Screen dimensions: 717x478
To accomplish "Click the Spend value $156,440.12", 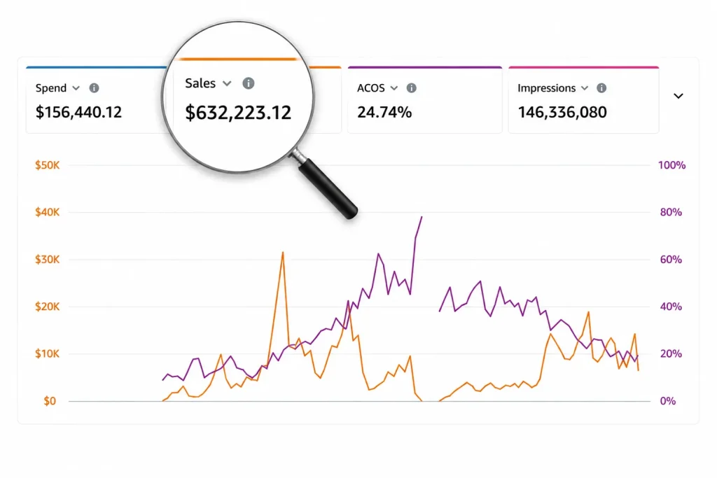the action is point(78,112).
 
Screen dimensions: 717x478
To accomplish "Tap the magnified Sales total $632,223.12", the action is point(238,113).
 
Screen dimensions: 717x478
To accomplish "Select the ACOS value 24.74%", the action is point(384,112).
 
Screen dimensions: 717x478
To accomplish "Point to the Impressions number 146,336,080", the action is point(562,112).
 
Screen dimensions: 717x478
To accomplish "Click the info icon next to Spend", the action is point(95,87).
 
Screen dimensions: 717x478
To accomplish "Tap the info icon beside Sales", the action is point(249,83).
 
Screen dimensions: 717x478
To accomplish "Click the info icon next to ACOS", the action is point(412,87).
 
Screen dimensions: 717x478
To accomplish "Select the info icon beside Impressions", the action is point(601,87).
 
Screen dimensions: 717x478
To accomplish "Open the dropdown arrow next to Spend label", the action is point(76,87).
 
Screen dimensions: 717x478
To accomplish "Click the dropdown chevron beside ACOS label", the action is point(394,87).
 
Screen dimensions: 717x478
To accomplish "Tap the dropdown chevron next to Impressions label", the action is point(585,87).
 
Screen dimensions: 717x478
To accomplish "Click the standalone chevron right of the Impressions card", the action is point(678,96).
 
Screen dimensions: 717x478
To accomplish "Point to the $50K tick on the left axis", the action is point(48,165).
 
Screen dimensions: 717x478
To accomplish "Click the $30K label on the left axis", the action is point(48,260).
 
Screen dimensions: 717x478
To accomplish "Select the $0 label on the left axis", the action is point(50,401).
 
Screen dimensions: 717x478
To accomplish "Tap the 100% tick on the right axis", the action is point(671,165).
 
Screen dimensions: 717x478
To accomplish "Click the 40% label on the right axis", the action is point(671,307).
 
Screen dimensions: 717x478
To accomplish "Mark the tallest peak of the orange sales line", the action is point(283,252).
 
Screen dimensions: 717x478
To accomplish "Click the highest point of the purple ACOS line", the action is point(422,217).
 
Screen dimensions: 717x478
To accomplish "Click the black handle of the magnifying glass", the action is point(328,188).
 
